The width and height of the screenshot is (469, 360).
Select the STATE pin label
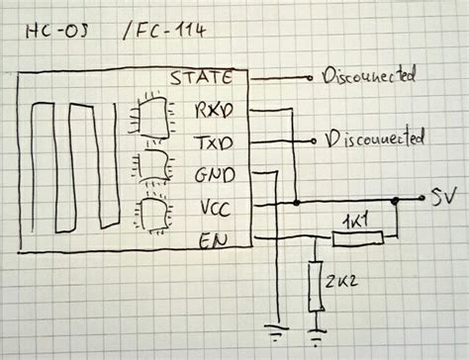pyautogui.click(x=202, y=77)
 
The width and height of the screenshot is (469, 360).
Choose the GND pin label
pyautogui.click(x=214, y=176)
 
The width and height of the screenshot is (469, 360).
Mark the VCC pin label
pyautogui.click(x=215, y=210)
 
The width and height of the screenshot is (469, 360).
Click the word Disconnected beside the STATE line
pyautogui.click(x=368, y=75)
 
